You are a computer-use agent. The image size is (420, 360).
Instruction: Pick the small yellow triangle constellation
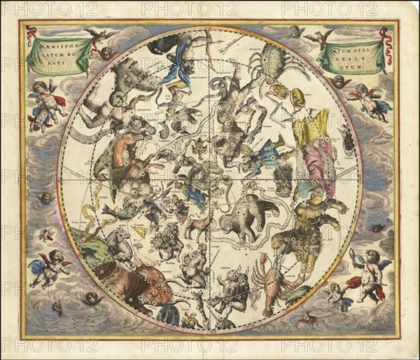[x=141, y=229]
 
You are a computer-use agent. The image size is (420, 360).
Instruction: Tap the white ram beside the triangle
[x=118, y=242]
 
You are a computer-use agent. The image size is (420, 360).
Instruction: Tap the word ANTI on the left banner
[x=54, y=62]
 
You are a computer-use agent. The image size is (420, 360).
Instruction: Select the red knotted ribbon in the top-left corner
[x=31, y=34]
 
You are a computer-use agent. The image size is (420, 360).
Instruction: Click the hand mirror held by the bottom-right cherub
[x=353, y=256]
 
